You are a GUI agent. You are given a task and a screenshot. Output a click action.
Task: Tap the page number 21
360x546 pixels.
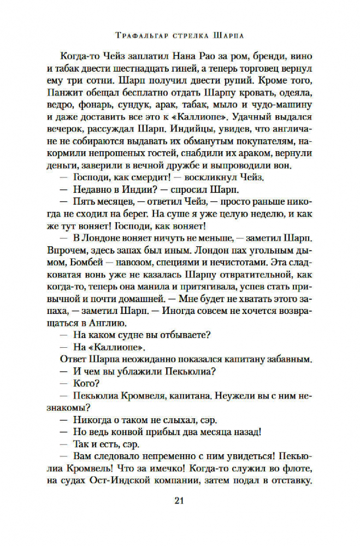point(180,501)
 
